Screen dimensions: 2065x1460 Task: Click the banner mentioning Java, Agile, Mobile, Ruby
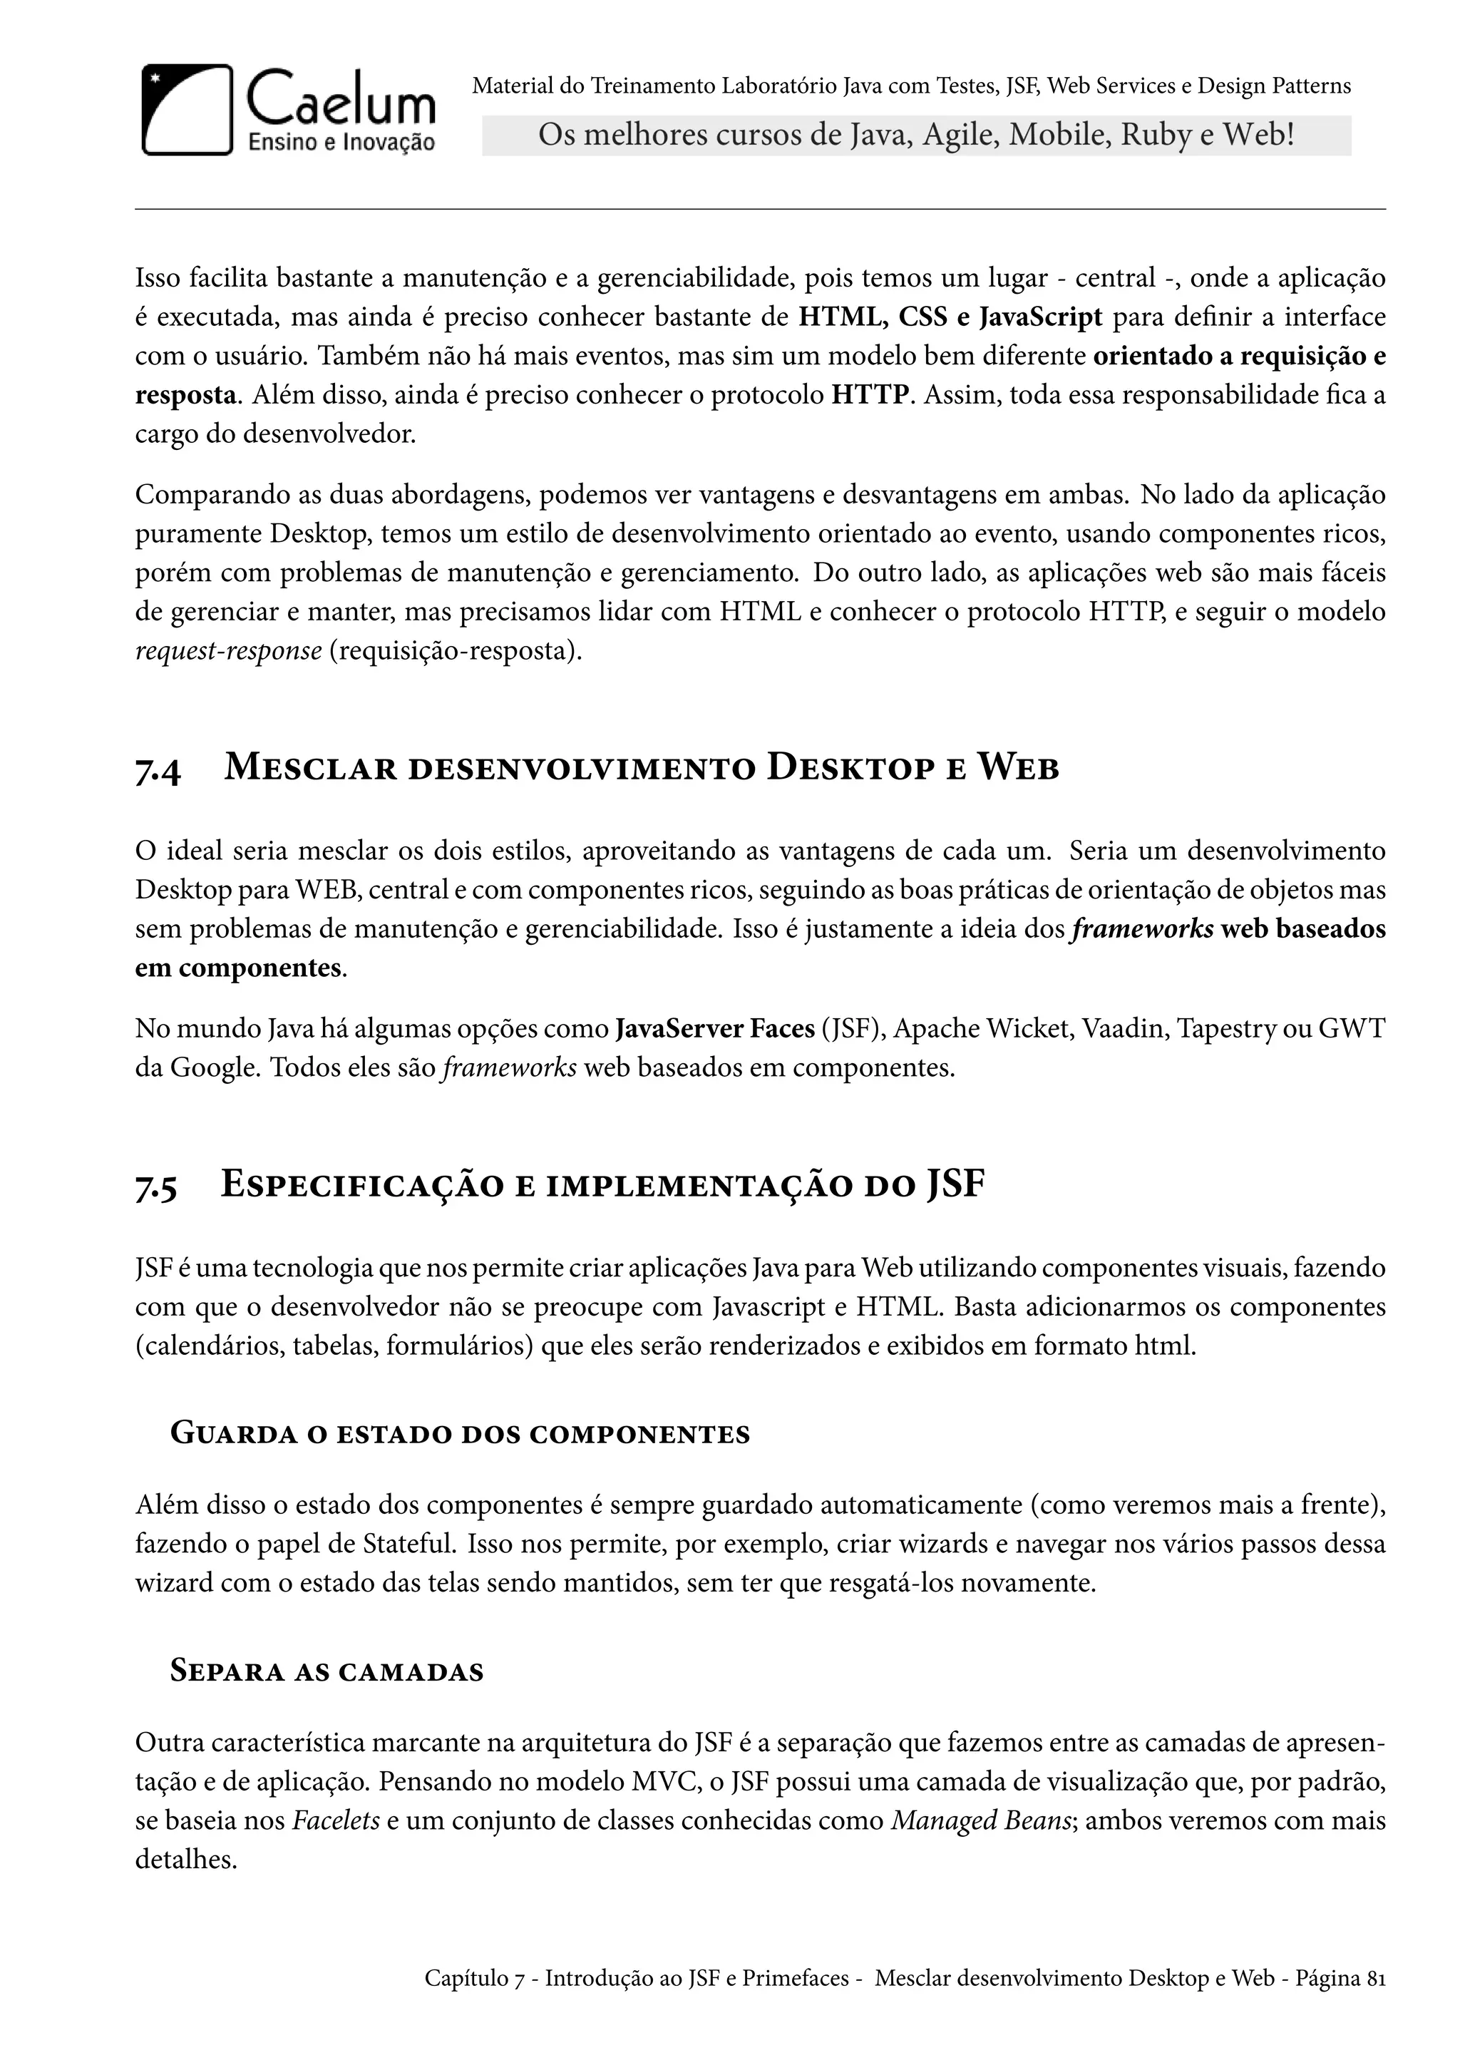tap(915, 135)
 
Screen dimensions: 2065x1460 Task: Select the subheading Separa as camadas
tap(327, 1672)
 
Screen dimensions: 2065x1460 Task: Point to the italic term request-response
tap(227, 650)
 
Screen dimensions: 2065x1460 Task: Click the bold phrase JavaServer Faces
tap(715, 1028)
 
